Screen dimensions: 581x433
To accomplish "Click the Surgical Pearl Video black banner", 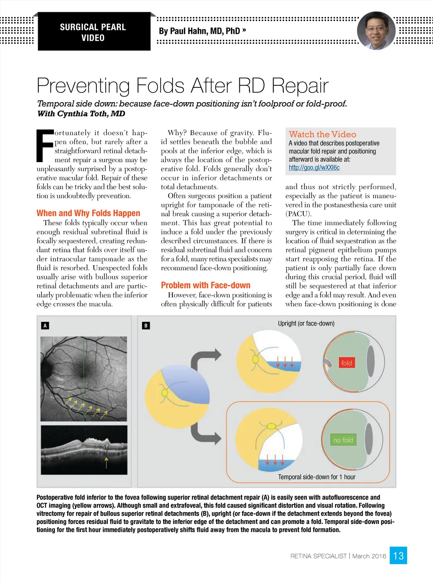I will pos(94,32).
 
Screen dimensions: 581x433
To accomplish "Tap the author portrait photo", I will pos(376,30).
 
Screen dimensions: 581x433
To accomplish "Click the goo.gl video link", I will pos(314,168).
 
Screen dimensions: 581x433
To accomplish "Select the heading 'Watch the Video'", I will pos(322,134).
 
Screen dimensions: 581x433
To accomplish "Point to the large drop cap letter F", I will pos(45,146).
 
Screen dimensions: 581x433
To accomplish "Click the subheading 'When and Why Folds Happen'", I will pos(88,213).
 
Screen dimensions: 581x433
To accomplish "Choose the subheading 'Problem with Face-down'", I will pos(206,285).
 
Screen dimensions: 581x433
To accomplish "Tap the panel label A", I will pos(45,326).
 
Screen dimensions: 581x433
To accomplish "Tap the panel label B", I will pos(146,326).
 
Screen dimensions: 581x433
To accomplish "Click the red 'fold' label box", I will pos(346,363).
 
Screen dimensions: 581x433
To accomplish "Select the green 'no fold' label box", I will pos(343,440).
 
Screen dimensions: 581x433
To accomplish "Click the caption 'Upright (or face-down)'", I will pos(306,323).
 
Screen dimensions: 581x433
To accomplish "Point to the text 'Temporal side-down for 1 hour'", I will pos(317,477).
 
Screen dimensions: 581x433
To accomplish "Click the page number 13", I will pos(398,556).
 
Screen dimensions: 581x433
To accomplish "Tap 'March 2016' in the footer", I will pos(369,556).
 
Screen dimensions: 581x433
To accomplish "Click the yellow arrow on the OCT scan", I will pos(106,463).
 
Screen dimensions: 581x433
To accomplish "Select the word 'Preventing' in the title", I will pos(83,86).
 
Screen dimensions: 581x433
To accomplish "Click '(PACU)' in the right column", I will pos(298,214).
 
